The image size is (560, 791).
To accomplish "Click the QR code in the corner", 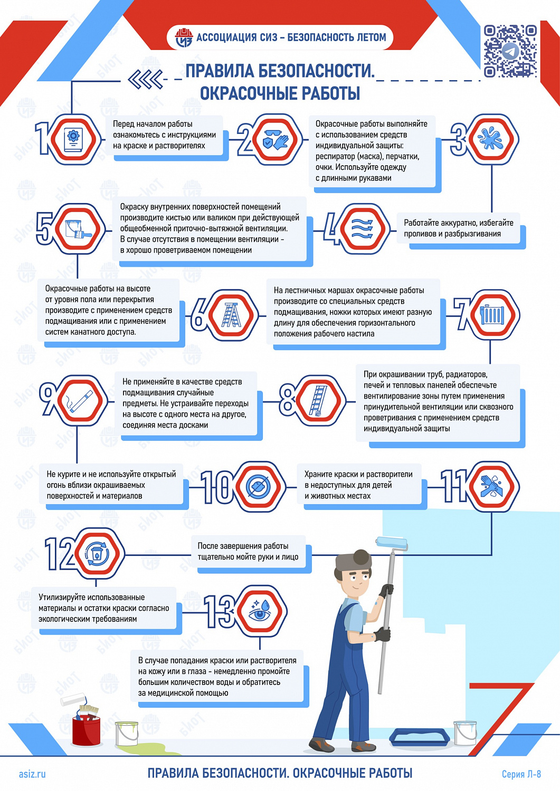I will [x=510, y=51].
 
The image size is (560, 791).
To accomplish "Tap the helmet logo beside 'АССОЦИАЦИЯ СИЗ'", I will [x=184, y=37].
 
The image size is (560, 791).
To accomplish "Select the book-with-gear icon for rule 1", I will [x=73, y=139].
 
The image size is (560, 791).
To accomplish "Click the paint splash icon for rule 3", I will [x=491, y=139].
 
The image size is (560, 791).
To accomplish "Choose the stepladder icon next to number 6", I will [x=231, y=315].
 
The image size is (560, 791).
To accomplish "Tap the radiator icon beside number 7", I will [x=492, y=315].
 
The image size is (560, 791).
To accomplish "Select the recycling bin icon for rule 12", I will [x=97, y=554].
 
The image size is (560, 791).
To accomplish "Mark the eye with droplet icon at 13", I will [x=260, y=612].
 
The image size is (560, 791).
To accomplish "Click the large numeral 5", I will [x=44, y=229].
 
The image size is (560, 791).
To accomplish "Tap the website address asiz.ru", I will [x=32, y=774].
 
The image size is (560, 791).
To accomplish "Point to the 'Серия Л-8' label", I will [x=521, y=774].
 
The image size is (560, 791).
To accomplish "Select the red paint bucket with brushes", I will [x=86, y=727].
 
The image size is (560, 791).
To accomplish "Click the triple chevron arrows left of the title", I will [x=145, y=80].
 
